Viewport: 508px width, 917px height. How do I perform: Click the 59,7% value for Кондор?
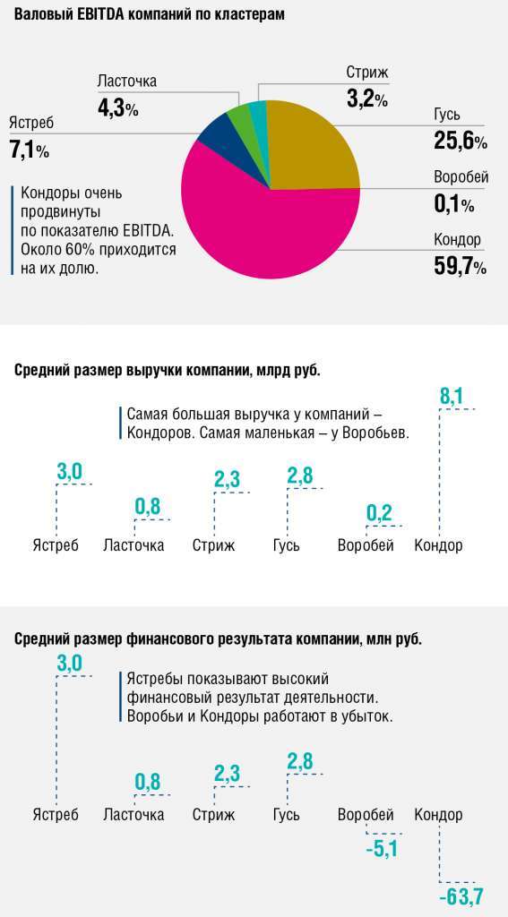pos(460,266)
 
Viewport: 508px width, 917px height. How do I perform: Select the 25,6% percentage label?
pos(460,141)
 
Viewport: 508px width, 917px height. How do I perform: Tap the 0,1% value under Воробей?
pos(453,204)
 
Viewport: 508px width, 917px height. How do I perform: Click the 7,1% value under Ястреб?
pos(29,150)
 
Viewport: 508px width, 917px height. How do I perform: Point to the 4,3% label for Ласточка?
pos(117,108)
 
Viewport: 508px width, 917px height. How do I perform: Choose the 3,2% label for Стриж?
pos(366,99)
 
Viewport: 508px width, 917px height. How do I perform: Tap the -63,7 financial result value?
pos(461,895)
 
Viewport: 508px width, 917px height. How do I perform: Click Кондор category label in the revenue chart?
pos(438,545)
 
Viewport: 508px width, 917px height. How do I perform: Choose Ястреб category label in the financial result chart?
pos(56,814)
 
